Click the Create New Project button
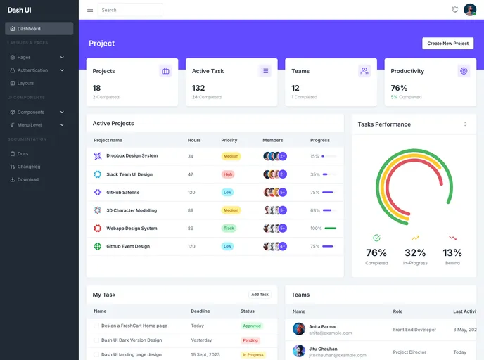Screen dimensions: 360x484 coord(447,44)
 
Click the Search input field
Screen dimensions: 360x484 coord(130,10)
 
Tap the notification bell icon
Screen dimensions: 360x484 coord(454,10)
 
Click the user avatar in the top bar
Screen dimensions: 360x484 coord(470,10)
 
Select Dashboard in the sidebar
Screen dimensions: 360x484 coord(39,29)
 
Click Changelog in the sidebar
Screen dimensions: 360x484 coord(29,167)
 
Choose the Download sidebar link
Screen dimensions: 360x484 coord(28,179)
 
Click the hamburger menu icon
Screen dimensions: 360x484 coord(90,10)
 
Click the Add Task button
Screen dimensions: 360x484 coord(260,295)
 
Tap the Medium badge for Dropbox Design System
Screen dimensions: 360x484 coord(231,156)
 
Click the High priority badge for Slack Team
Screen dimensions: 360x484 coord(228,174)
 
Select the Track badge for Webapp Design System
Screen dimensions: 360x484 coord(229,229)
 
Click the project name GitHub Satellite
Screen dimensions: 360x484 coord(122,192)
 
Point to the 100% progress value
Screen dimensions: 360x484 coord(316,229)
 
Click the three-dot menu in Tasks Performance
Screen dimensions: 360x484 coord(465,124)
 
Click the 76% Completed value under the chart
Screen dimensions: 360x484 coord(376,253)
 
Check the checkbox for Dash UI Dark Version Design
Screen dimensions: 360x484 coord(96,340)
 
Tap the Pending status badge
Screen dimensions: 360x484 coord(250,340)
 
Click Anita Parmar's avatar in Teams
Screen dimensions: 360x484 coord(299,328)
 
